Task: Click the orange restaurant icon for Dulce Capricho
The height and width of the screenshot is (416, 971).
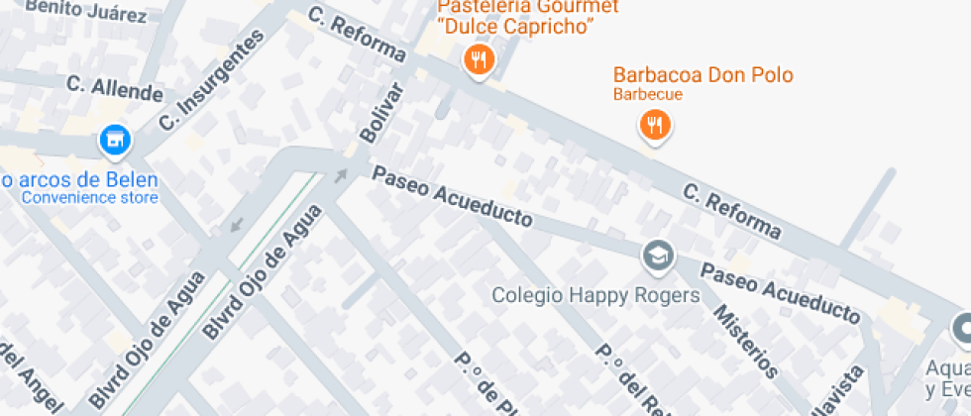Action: (480, 59)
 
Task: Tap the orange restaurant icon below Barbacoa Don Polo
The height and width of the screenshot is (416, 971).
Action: (654, 125)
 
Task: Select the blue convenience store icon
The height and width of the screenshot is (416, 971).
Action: (115, 141)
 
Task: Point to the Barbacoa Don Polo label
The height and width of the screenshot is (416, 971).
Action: (703, 75)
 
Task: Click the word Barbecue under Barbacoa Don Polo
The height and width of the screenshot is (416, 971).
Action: (648, 95)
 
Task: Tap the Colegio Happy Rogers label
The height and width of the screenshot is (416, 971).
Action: (596, 295)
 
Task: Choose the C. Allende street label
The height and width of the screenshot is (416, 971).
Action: (114, 87)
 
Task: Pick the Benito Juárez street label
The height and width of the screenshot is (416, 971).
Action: (86, 10)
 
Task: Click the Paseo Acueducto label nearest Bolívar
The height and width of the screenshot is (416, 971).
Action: (451, 195)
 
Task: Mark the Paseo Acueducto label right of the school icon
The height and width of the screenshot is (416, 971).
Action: (781, 292)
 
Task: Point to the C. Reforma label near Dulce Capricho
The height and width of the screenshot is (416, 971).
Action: (357, 34)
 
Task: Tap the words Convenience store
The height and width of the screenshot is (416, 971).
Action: (90, 197)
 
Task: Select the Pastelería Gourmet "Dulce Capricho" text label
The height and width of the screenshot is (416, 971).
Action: (521, 17)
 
